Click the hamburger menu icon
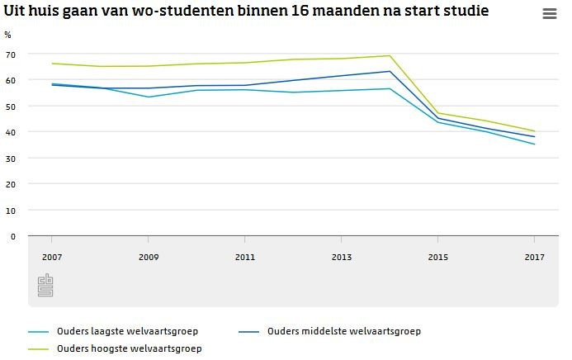(x=550, y=14)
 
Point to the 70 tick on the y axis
(x=11, y=54)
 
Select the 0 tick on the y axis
(x=13, y=236)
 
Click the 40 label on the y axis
(x=11, y=132)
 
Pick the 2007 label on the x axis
(x=52, y=258)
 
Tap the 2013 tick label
(x=342, y=258)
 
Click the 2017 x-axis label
(x=534, y=258)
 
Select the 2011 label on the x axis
(x=245, y=258)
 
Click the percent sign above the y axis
(x=7, y=36)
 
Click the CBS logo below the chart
(x=45, y=286)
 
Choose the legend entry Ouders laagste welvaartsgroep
(x=127, y=332)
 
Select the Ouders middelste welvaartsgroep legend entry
(x=344, y=332)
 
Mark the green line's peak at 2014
(x=390, y=56)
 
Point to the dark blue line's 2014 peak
(x=390, y=71)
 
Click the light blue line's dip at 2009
(x=149, y=97)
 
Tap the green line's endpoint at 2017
(x=535, y=131)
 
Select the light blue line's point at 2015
(x=438, y=122)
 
